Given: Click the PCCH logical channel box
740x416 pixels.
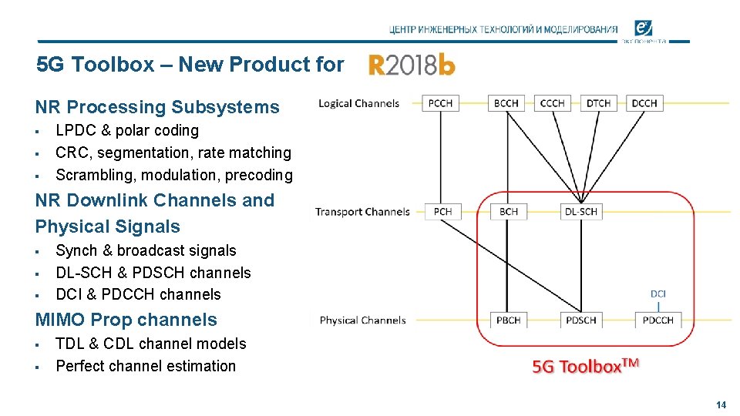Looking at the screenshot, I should [440, 103].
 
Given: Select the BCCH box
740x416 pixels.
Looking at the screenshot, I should [506, 103].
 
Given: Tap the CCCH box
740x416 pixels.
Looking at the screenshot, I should [552, 103].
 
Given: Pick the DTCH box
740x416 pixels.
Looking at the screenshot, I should [598, 103].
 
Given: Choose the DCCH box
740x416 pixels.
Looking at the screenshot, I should [644, 103].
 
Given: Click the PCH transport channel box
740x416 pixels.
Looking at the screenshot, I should [442, 211].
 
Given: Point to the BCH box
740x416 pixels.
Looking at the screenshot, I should [509, 211].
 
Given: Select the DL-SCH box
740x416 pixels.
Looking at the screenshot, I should [581, 211].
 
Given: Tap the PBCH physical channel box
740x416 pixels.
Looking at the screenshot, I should [509, 320].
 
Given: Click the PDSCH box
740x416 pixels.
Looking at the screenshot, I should [581, 320].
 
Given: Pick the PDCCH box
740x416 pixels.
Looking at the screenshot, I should [658, 320].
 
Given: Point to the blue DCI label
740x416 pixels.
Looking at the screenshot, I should [658, 294].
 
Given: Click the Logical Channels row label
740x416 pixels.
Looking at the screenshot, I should [359, 103].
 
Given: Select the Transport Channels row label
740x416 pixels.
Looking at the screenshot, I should [362, 212].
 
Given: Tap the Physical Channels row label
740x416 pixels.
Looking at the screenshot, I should [362, 320].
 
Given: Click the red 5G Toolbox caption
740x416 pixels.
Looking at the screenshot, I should [586, 365].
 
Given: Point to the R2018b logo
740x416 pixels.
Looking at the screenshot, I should [412, 65].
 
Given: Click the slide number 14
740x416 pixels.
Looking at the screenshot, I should [721, 404].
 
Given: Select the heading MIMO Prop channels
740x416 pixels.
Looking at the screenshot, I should [126, 320].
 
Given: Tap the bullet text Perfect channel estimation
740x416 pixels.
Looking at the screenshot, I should [146, 366].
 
